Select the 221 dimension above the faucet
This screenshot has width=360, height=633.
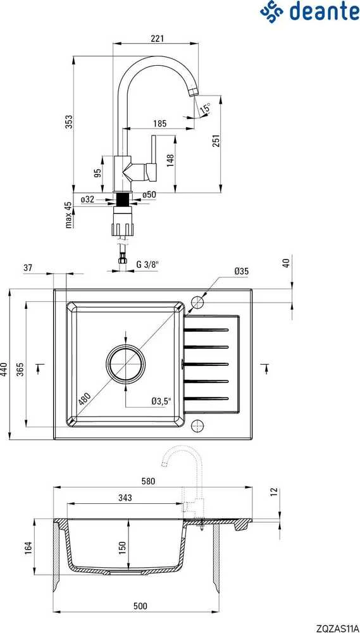click(x=157, y=39)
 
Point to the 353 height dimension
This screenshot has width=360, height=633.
click(x=69, y=122)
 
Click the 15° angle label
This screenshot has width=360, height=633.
click(x=206, y=108)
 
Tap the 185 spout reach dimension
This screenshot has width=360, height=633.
click(x=160, y=123)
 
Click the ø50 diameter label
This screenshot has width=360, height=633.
click(x=149, y=194)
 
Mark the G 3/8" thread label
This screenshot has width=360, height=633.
click(x=147, y=265)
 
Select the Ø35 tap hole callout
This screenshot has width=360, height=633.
click(x=241, y=272)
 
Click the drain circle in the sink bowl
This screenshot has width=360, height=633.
click(x=125, y=363)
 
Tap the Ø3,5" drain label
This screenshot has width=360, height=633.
click(x=161, y=401)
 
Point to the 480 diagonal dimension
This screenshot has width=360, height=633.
click(x=85, y=399)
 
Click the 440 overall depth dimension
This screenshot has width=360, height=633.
click(x=4, y=368)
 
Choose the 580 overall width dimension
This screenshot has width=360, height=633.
click(x=149, y=481)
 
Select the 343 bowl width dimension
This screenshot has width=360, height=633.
click(x=125, y=498)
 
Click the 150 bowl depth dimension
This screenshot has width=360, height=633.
click(x=123, y=546)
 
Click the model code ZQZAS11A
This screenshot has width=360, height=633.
click(x=338, y=628)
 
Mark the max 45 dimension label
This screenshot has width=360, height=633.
click(x=69, y=215)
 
